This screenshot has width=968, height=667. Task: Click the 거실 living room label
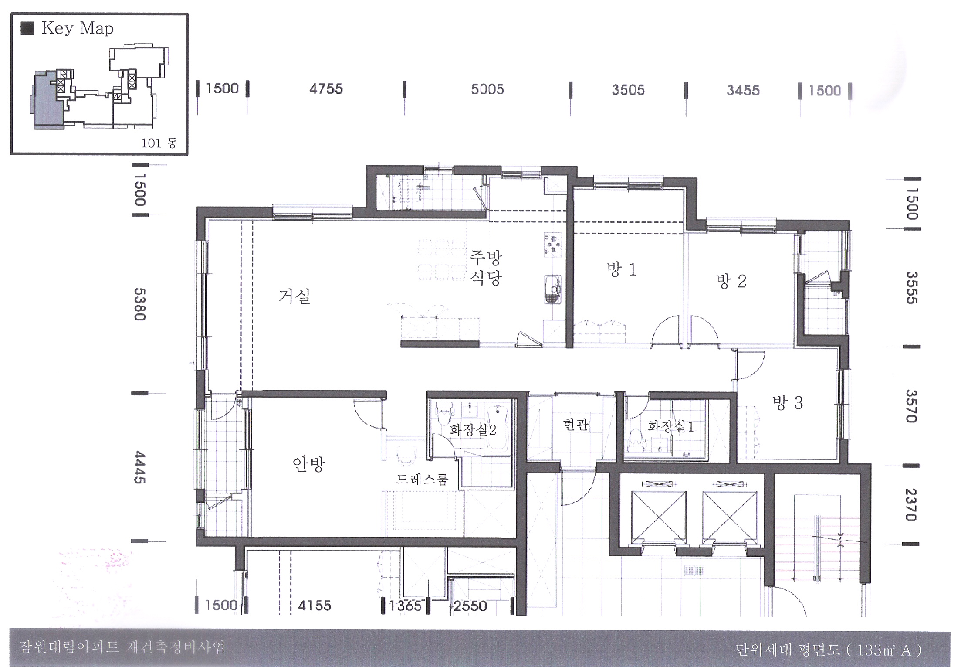pyautogui.click(x=294, y=296)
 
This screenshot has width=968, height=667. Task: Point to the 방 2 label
pyautogui.click(x=731, y=281)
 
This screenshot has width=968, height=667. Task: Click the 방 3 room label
pyautogui.click(x=788, y=402)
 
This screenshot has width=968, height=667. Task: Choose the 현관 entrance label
pyautogui.click(x=576, y=424)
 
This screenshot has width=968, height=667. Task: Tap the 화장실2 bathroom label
pyautogui.click(x=473, y=430)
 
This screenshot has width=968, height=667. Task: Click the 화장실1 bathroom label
pyautogui.click(x=671, y=426)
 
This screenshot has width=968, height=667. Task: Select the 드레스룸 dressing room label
pyautogui.click(x=422, y=480)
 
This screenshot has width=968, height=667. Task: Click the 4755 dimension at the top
pyautogui.click(x=326, y=89)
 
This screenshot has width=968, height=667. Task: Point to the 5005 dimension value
pyautogui.click(x=487, y=89)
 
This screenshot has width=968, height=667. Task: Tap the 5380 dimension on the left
pyautogui.click(x=139, y=304)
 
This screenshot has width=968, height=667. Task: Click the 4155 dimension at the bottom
pyautogui.click(x=315, y=606)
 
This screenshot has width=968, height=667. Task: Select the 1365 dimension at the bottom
pyautogui.click(x=405, y=606)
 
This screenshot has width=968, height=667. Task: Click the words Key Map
pyautogui.click(x=78, y=28)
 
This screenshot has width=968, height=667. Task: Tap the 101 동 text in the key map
pyautogui.click(x=159, y=143)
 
